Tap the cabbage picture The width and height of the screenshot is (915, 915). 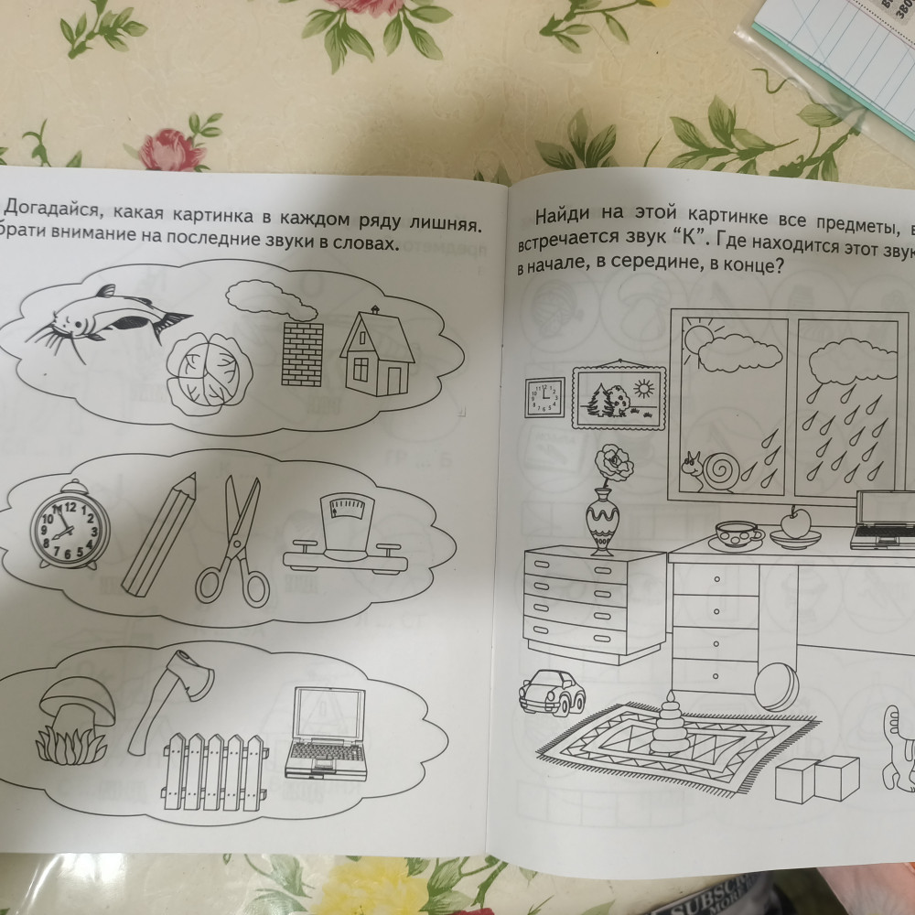click(x=210, y=367)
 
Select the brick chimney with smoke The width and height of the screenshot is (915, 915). click(x=301, y=353)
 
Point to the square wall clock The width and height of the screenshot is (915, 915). click(x=544, y=395)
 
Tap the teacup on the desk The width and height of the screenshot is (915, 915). click(x=737, y=533)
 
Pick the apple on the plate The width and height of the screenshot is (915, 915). click(x=795, y=524)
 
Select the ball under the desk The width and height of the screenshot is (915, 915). click(x=776, y=687)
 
